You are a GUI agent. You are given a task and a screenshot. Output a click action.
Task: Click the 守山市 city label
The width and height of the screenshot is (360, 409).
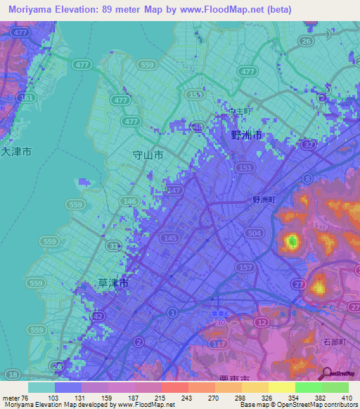(148, 155)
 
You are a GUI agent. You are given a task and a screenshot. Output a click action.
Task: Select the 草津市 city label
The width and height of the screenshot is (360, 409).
(112, 283)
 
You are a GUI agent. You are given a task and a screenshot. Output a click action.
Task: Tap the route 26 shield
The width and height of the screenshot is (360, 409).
(306, 41)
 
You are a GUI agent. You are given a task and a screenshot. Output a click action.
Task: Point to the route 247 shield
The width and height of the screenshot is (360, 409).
(174, 190)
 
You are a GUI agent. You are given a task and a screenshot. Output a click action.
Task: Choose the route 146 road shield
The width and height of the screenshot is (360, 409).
(129, 201)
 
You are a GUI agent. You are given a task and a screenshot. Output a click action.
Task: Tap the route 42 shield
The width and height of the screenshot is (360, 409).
(98, 318)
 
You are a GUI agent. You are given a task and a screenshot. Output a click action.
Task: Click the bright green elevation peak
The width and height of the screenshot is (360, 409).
(291, 243)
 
